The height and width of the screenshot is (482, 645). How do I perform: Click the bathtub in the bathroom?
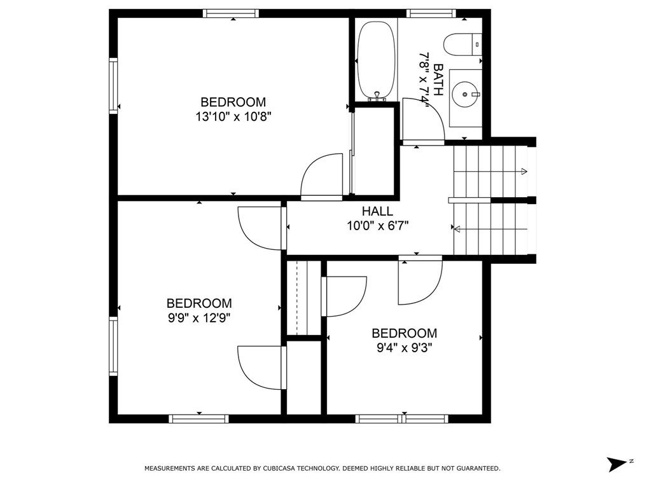377,60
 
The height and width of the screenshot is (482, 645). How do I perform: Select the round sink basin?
465,94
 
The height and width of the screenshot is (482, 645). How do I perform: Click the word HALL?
377,211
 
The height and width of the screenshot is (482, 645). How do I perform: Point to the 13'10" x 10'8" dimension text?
233,117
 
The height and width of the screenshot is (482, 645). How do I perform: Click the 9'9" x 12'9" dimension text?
199,318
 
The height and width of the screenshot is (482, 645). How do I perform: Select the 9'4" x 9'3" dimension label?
405,348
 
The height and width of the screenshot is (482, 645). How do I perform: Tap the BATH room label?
438,79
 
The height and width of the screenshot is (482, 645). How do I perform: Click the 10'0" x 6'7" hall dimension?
378,226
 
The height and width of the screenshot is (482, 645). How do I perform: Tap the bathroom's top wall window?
431,13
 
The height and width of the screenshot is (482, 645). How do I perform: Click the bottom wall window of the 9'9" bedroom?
198,418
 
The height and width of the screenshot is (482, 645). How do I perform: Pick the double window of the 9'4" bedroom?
402,418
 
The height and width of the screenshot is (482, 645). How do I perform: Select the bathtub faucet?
377,96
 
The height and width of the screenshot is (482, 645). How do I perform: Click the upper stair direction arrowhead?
524,171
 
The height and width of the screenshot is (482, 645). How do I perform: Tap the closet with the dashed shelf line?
303,298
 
